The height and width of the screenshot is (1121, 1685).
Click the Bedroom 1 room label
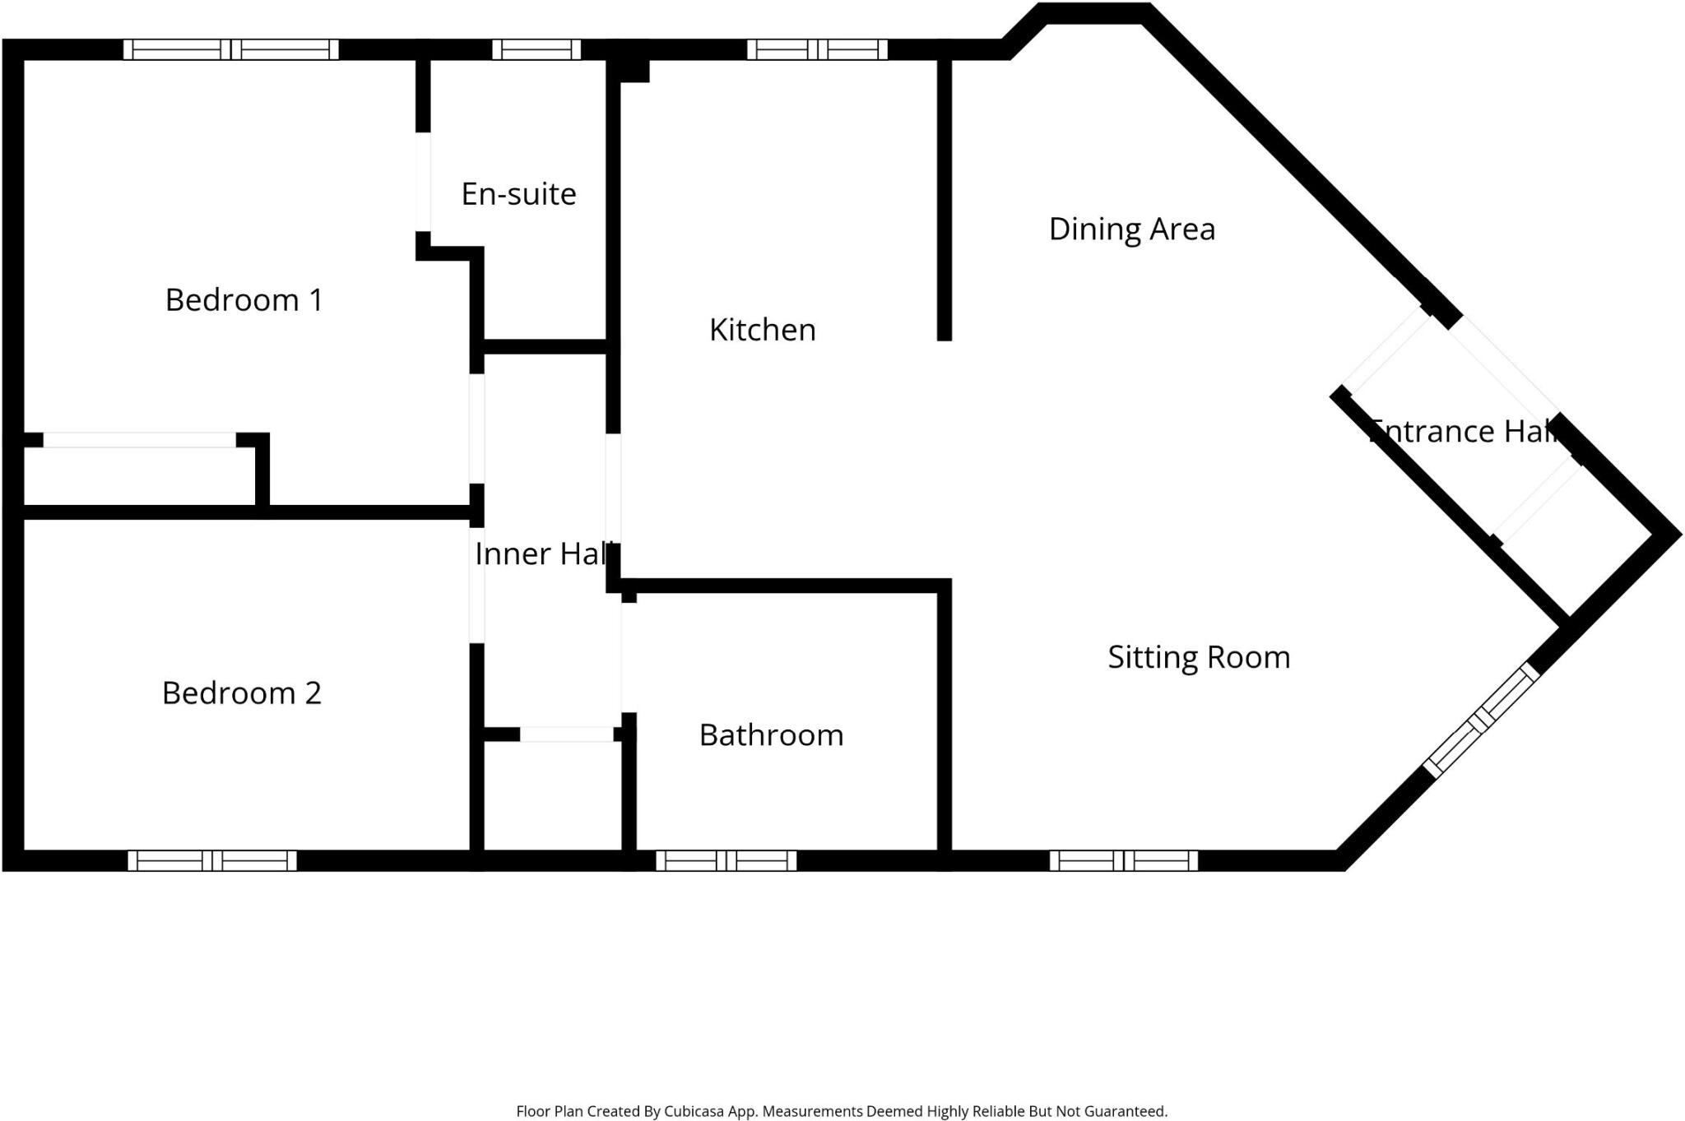244,300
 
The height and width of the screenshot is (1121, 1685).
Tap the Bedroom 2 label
241,693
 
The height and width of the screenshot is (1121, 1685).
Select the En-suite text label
518,194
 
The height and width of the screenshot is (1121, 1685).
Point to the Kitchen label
763,330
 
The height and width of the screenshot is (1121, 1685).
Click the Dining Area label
1132,229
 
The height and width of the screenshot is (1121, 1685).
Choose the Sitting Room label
1199,658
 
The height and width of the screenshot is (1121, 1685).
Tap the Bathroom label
772,735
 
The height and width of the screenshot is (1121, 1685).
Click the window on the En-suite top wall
536,49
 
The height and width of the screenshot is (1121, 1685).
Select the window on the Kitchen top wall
817,49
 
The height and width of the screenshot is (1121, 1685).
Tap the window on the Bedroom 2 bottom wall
212,861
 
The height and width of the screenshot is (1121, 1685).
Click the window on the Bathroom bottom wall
726,861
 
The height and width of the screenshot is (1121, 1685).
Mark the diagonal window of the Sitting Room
1481,720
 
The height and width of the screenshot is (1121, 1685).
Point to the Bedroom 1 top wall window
231,49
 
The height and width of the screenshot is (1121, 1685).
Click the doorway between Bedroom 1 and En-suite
423,182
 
